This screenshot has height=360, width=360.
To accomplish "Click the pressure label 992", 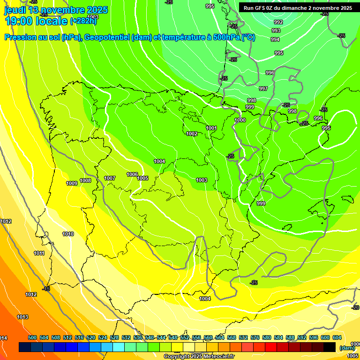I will coord(278,22).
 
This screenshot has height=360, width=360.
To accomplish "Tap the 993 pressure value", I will coord(276,30).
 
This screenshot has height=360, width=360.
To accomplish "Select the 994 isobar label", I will coord(275,39).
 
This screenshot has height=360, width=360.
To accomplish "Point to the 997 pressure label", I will coord(263,89).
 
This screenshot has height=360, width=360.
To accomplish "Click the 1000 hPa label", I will coord(240,120).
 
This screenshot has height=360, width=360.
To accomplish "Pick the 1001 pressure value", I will coord(211,128).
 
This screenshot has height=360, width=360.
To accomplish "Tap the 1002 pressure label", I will coord(192,134).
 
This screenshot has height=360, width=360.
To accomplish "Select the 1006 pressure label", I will coord(132,175).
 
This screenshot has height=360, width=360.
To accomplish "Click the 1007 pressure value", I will coord(110,178).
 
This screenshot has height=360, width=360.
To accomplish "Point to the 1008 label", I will coord(85,180).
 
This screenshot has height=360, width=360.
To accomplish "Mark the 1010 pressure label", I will coord(68,234).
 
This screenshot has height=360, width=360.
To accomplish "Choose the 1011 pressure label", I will coord(39,253).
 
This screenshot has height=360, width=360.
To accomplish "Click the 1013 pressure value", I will coord(22,317).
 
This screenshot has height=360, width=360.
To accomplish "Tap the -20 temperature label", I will coord(355,307).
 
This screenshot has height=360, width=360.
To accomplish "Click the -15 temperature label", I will coord(45,289).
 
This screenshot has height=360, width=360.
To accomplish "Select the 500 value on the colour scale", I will coord(32,337).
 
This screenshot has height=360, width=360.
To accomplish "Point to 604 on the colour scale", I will coord(337,337).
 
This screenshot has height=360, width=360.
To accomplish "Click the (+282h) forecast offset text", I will coord(83,21).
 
